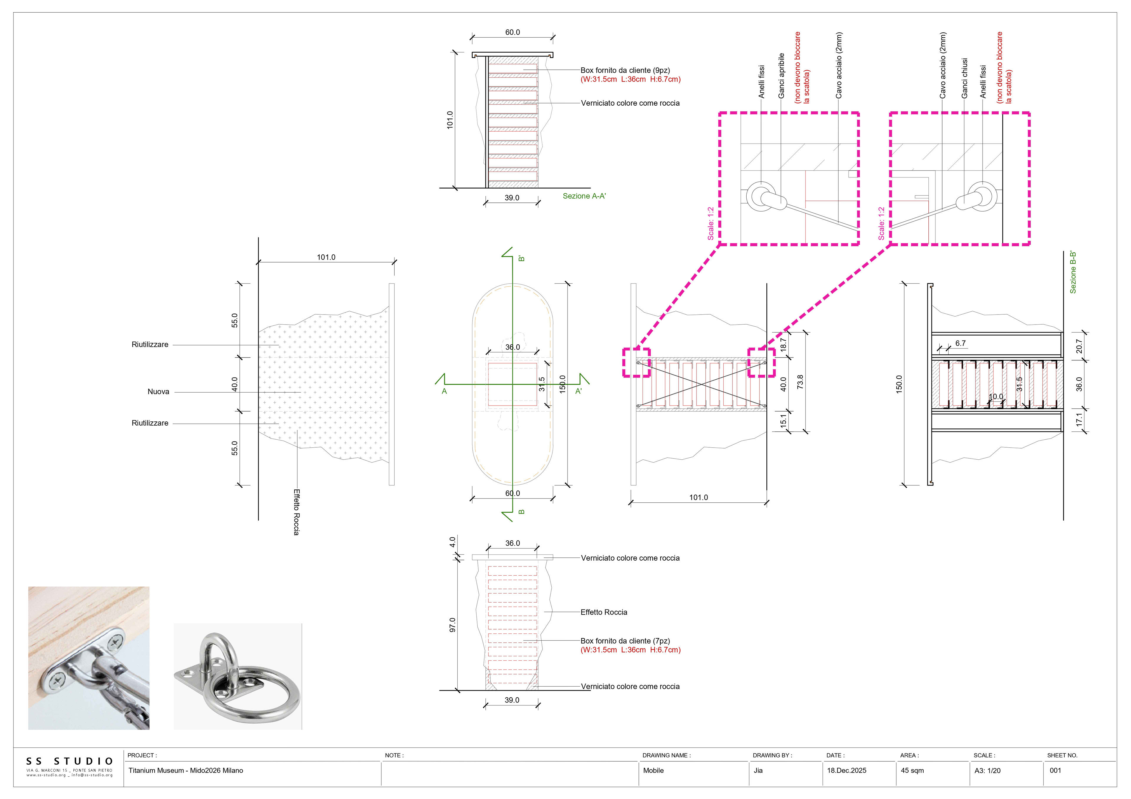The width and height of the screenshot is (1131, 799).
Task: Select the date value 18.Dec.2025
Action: [846, 770]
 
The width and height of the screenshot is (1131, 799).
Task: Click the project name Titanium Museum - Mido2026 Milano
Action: [186, 770]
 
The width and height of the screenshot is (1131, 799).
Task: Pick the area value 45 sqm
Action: [912, 770]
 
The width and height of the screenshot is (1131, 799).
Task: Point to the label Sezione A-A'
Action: [584, 196]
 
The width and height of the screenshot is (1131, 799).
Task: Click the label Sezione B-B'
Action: [1073, 272]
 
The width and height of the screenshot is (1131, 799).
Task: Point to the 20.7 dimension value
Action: [1079, 346]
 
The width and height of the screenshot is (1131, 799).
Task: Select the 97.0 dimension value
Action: [452, 625]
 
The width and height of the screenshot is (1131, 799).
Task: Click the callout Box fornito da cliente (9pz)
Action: [625, 70]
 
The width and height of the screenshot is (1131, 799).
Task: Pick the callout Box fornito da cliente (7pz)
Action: [625, 641]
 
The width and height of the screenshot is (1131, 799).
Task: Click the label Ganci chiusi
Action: [965, 78]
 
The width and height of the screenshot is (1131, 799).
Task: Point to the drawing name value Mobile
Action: [653, 770]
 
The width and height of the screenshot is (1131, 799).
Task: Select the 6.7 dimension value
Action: [960, 343]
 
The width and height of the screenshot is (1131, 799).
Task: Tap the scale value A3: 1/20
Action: [987, 770]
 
